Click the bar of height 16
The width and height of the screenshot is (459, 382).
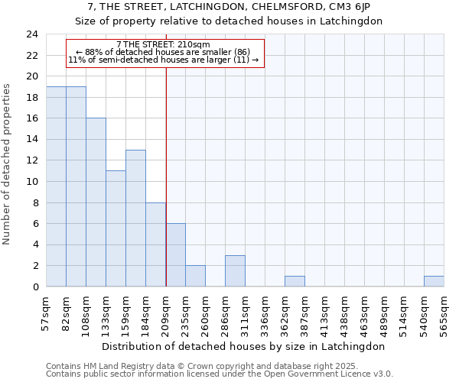tap(96, 202)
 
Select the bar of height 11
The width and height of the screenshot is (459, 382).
tap(116, 228)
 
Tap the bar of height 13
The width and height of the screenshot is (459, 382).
tap(135, 218)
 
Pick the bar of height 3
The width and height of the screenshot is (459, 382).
tap(235, 271)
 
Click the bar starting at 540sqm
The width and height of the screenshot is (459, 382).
tap(434, 281)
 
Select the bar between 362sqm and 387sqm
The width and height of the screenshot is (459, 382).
tap(295, 281)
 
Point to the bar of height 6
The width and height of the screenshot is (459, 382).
tap(175, 255)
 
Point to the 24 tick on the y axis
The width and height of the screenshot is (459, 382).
tap(32, 34)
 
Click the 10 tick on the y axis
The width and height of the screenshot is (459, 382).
tap(32, 182)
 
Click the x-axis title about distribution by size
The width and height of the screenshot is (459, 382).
tap(243, 346)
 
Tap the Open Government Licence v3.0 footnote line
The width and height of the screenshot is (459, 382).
tap(220, 374)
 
